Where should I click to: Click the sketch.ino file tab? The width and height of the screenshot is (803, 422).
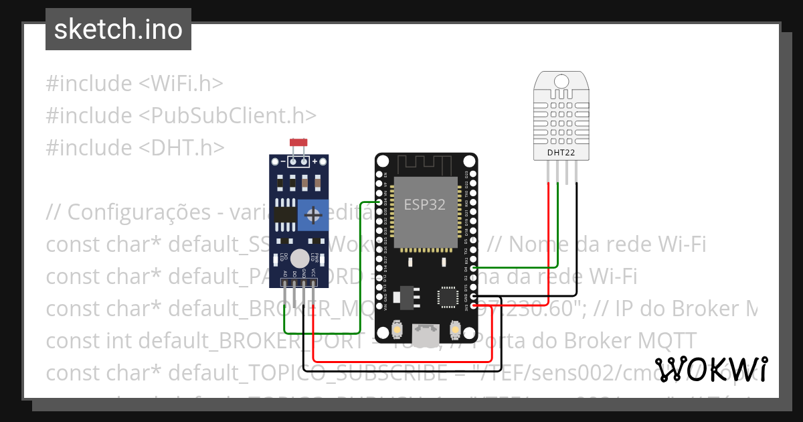click(x=118, y=29)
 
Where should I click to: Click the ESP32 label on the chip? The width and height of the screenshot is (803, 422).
click(x=424, y=204)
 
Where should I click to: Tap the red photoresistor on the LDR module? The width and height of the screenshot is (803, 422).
click(x=298, y=143)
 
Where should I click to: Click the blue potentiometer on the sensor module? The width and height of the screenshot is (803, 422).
click(x=313, y=215)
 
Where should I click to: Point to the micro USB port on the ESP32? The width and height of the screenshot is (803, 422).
click(x=426, y=336)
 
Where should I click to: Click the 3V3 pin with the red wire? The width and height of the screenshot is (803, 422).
click(x=474, y=306)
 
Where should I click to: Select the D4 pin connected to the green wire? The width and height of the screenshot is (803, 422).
click(x=474, y=268)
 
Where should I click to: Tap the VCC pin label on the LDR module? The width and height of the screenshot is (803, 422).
click(x=313, y=273)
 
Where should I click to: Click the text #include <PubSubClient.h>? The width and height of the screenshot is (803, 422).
click(x=181, y=115)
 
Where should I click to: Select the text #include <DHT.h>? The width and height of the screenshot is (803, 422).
click(x=135, y=147)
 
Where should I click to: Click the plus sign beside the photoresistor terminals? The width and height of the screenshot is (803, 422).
click(x=315, y=161)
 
